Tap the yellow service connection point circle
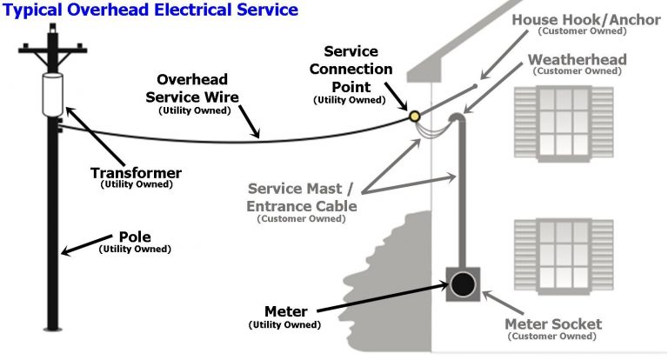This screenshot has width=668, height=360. pos(415,115)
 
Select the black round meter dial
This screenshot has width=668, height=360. pos(464,285)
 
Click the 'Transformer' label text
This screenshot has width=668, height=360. pos(136,173)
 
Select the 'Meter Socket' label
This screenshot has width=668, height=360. pos(553,324)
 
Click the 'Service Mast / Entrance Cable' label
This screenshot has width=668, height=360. pos(301,197)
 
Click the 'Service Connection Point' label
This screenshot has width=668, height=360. pos(357,70)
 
